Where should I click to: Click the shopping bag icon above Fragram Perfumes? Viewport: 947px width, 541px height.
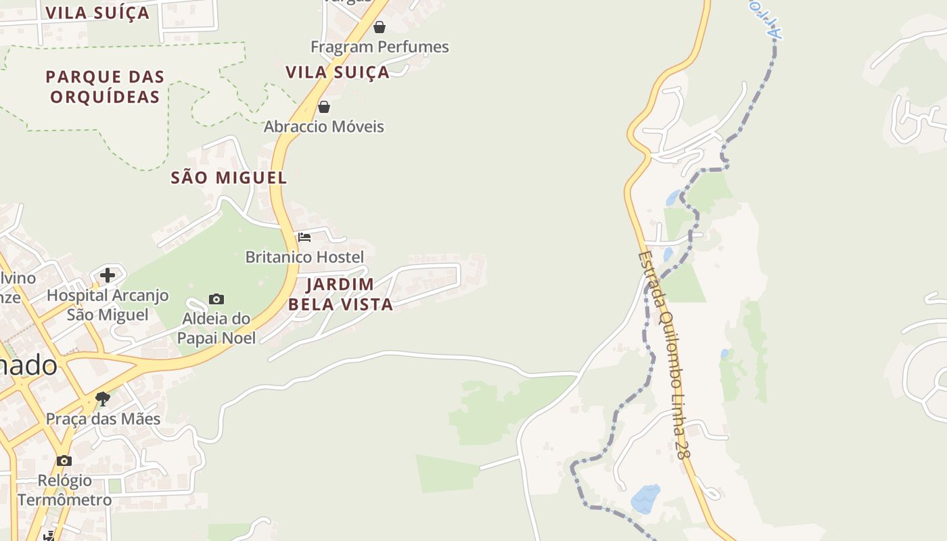[379, 27]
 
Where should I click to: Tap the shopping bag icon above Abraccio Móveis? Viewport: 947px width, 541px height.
[324, 107]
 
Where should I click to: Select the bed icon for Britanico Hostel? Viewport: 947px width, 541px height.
[304, 237]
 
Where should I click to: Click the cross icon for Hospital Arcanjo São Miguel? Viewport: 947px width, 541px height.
[108, 275]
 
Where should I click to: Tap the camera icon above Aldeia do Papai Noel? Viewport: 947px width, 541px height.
[216, 299]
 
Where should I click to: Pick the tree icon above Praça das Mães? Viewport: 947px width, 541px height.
[103, 399]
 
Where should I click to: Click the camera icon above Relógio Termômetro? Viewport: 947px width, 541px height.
[64, 461]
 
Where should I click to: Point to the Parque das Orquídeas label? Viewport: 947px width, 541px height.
[105, 87]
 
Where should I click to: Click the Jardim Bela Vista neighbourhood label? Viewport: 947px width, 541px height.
[340, 294]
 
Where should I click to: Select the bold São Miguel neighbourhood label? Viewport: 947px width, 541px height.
[229, 178]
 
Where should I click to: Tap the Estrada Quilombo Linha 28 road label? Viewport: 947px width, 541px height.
[665, 355]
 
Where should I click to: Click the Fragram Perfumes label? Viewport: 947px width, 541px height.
[379, 47]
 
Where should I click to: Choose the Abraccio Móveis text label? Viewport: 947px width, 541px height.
[324, 126]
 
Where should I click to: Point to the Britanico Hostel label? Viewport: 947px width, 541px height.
[304, 257]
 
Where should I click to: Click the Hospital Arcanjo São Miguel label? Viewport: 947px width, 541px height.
[108, 305]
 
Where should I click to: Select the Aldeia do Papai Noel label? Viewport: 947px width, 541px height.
[216, 328]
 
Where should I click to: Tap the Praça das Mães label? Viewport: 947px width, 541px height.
[103, 419]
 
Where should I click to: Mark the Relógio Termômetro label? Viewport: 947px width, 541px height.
[64, 490]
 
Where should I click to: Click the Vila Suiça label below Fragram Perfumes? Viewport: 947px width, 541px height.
[338, 72]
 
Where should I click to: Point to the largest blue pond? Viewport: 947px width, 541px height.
[645, 499]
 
